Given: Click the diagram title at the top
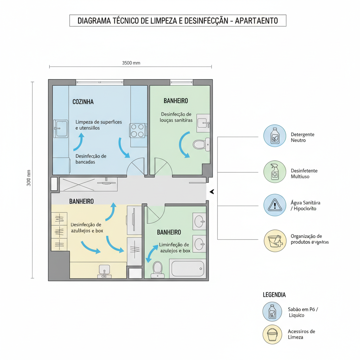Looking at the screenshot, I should (x=178, y=21).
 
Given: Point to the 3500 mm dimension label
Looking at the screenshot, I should (x=131, y=63).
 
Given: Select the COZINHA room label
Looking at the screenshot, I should (x=83, y=102).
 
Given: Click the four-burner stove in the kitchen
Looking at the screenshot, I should (x=137, y=130).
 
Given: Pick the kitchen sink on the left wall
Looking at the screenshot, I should (x=61, y=129).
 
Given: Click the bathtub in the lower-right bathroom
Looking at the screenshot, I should (x=187, y=269).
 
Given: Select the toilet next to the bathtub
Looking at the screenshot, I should (x=157, y=269).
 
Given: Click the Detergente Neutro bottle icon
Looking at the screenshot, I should (x=275, y=136).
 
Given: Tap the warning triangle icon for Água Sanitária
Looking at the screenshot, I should (x=275, y=205).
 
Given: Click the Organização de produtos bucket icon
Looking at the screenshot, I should (x=275, y=240).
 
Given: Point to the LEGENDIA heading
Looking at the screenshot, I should (x=274, y=295).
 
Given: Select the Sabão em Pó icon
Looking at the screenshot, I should (x=272, y=312).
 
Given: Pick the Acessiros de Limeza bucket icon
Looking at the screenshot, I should (x=272, y=334).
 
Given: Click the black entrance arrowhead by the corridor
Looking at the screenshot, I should (x=212, y=192).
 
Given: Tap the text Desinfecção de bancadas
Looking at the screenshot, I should (x=91, y=159).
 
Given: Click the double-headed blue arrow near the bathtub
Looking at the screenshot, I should (x=152, y=254).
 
